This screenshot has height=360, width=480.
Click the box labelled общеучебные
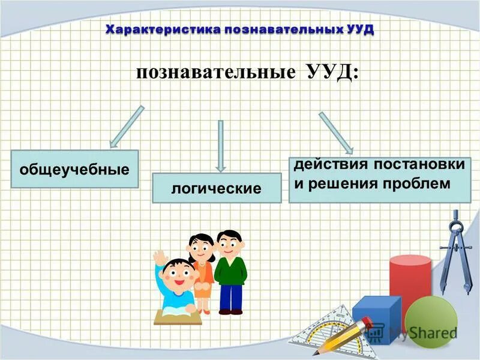click(x=74, y=169)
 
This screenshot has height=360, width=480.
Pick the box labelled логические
click(x=217, y=188)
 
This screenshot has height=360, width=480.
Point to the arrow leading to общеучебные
click(x=126, y=127)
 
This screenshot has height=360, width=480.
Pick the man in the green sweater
click(x=230, y=270)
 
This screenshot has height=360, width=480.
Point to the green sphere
click(x=431, y=321)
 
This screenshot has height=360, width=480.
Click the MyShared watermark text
click(x=422, y=332)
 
